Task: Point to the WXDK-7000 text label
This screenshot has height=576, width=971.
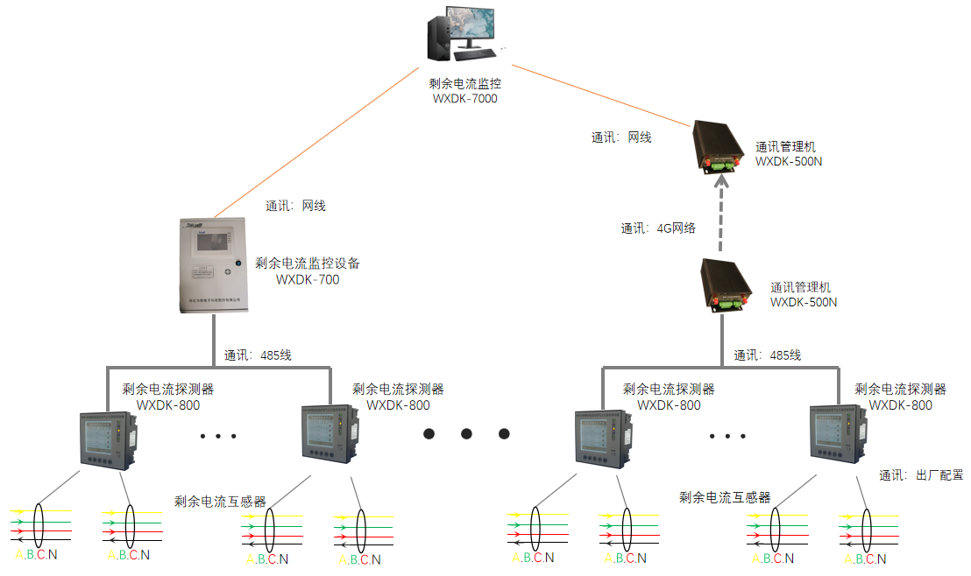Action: pos(464,99)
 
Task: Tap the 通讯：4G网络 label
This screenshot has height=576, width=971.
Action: pos(658,228)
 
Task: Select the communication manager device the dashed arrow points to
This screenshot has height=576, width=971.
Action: pos(721,145)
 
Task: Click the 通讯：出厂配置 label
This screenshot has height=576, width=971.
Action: pos(921,475)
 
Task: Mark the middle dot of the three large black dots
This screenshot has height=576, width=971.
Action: pos(466,433)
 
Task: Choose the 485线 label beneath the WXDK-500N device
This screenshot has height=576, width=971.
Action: pos(768,355)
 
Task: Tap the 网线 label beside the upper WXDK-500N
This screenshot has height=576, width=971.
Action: pos(621,137)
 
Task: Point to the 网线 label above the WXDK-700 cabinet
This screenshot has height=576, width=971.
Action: pos(295,207)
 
